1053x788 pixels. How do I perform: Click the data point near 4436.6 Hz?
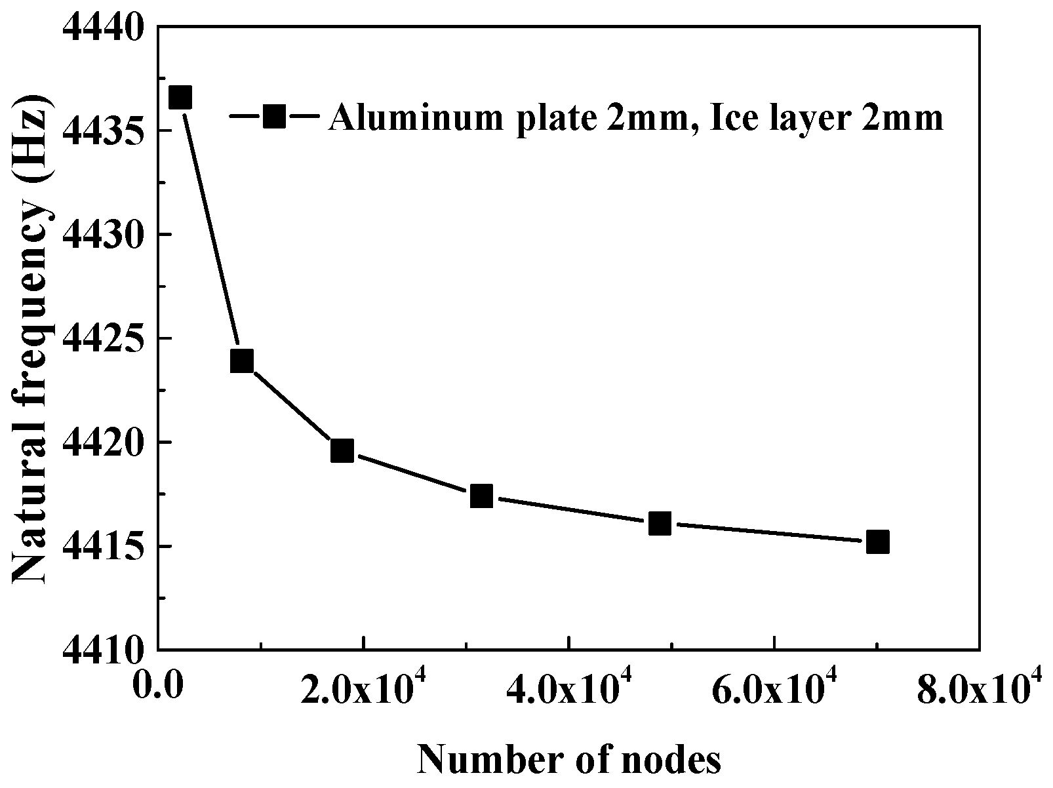(180, 98)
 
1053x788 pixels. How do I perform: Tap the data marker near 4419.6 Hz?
(342, 451)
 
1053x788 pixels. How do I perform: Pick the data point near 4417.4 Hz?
(481, 496)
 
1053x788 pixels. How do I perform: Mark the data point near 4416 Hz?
(660, 523)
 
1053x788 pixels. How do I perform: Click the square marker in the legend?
(275, 117)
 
